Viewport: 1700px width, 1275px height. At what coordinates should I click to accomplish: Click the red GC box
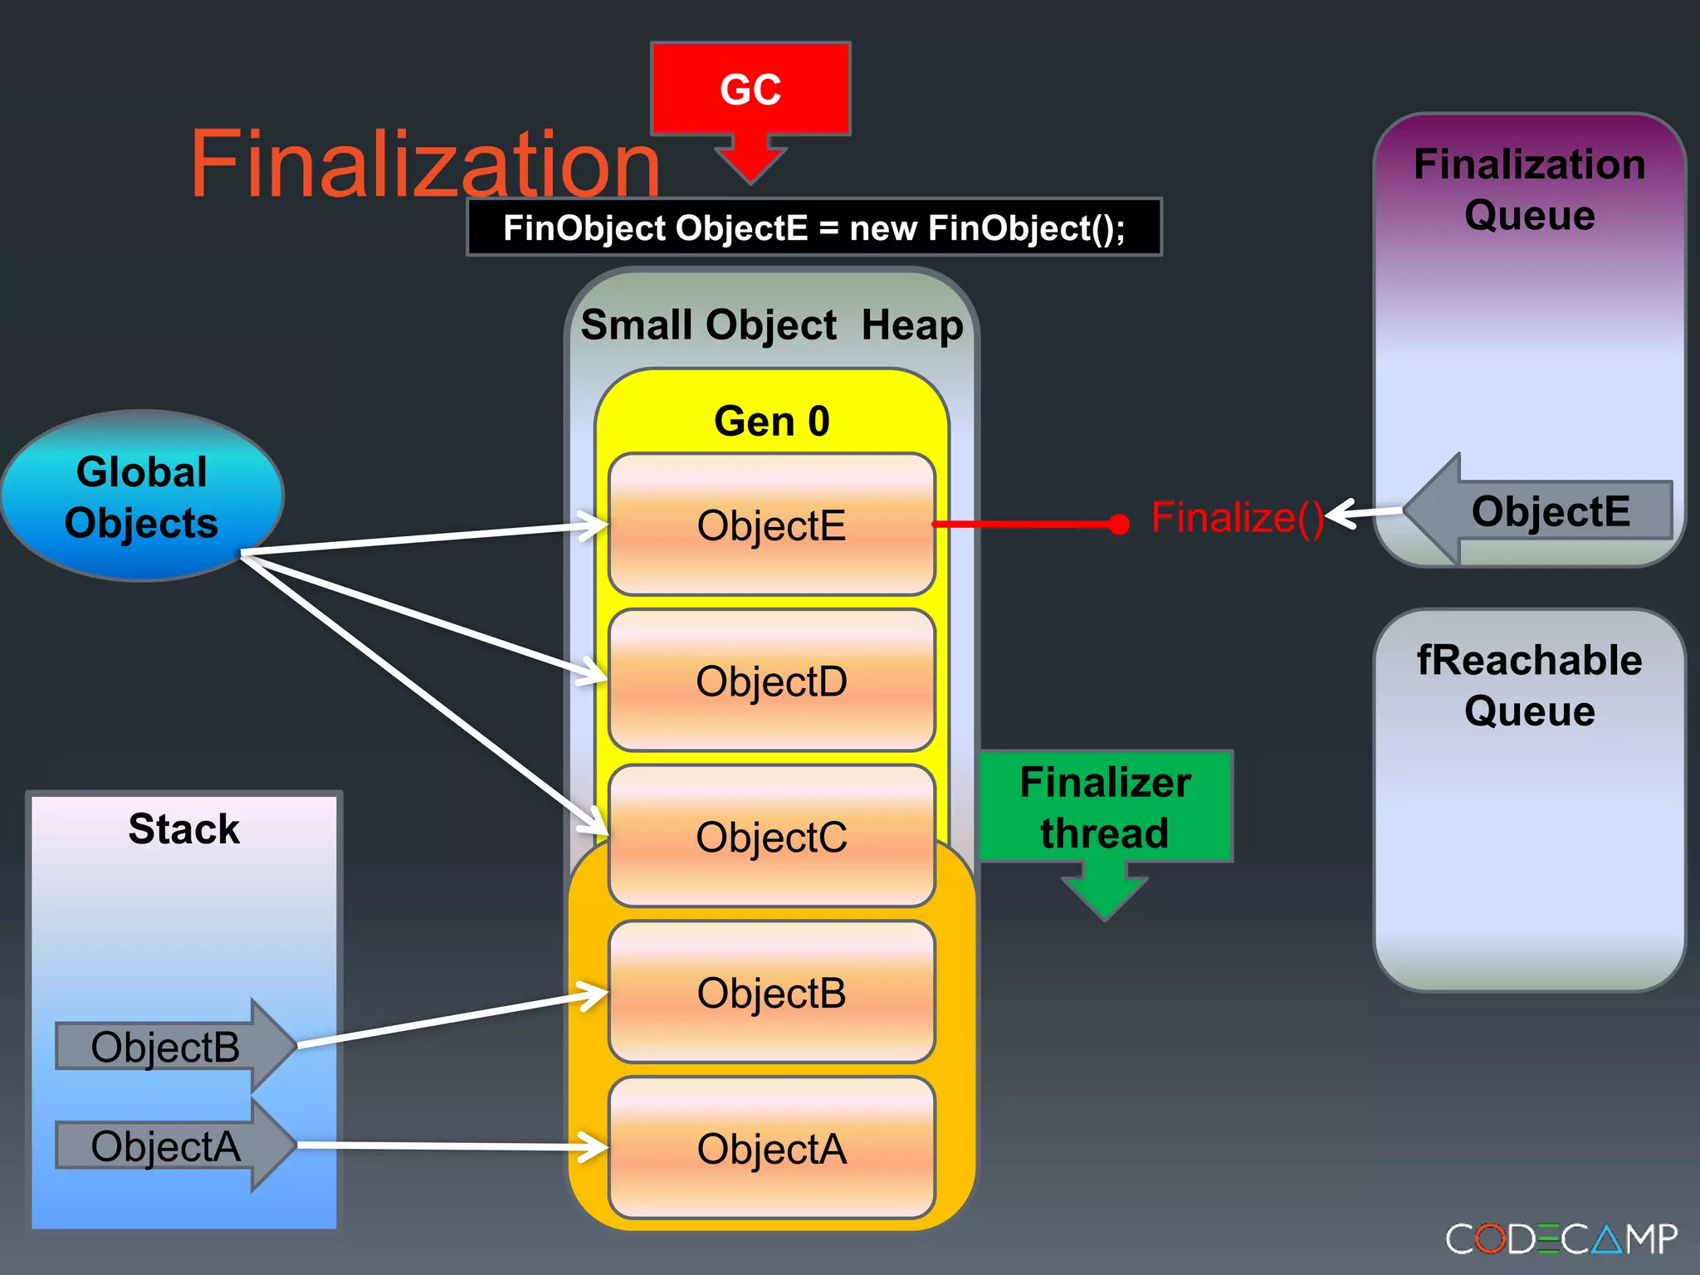[750, 90]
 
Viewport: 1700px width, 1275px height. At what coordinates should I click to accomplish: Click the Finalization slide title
[425, 164]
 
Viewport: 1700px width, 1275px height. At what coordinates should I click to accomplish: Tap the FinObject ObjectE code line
[813, 227]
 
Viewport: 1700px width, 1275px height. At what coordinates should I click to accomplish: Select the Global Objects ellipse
[142, 496]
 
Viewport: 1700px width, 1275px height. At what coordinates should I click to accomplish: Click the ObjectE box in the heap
[771, 525]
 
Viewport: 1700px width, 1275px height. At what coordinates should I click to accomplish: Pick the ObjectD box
[771, 681]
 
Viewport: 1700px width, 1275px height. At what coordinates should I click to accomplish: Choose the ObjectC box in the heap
[771, 837]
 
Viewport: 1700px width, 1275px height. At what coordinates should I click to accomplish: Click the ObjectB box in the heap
[771, 993]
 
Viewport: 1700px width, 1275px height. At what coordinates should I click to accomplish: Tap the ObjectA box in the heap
[771, 1149]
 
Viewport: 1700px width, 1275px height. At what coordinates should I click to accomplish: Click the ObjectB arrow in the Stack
[166, 1047]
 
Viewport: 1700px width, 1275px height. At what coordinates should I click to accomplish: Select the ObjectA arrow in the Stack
[166, 1146]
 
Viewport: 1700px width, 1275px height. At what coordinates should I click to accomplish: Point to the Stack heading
[183, 828]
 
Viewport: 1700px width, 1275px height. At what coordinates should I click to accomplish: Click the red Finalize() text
[1237, 518]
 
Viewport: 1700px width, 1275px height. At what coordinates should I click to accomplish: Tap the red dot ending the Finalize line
[1119, 524]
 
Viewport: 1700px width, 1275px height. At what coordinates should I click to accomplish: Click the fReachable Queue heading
[1529, 686]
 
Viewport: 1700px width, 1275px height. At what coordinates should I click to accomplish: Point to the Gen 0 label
[771, 421]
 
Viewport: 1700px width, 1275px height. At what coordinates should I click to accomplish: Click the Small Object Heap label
[771, 325]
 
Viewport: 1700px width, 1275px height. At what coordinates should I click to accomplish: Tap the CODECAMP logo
[1561, 1239]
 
